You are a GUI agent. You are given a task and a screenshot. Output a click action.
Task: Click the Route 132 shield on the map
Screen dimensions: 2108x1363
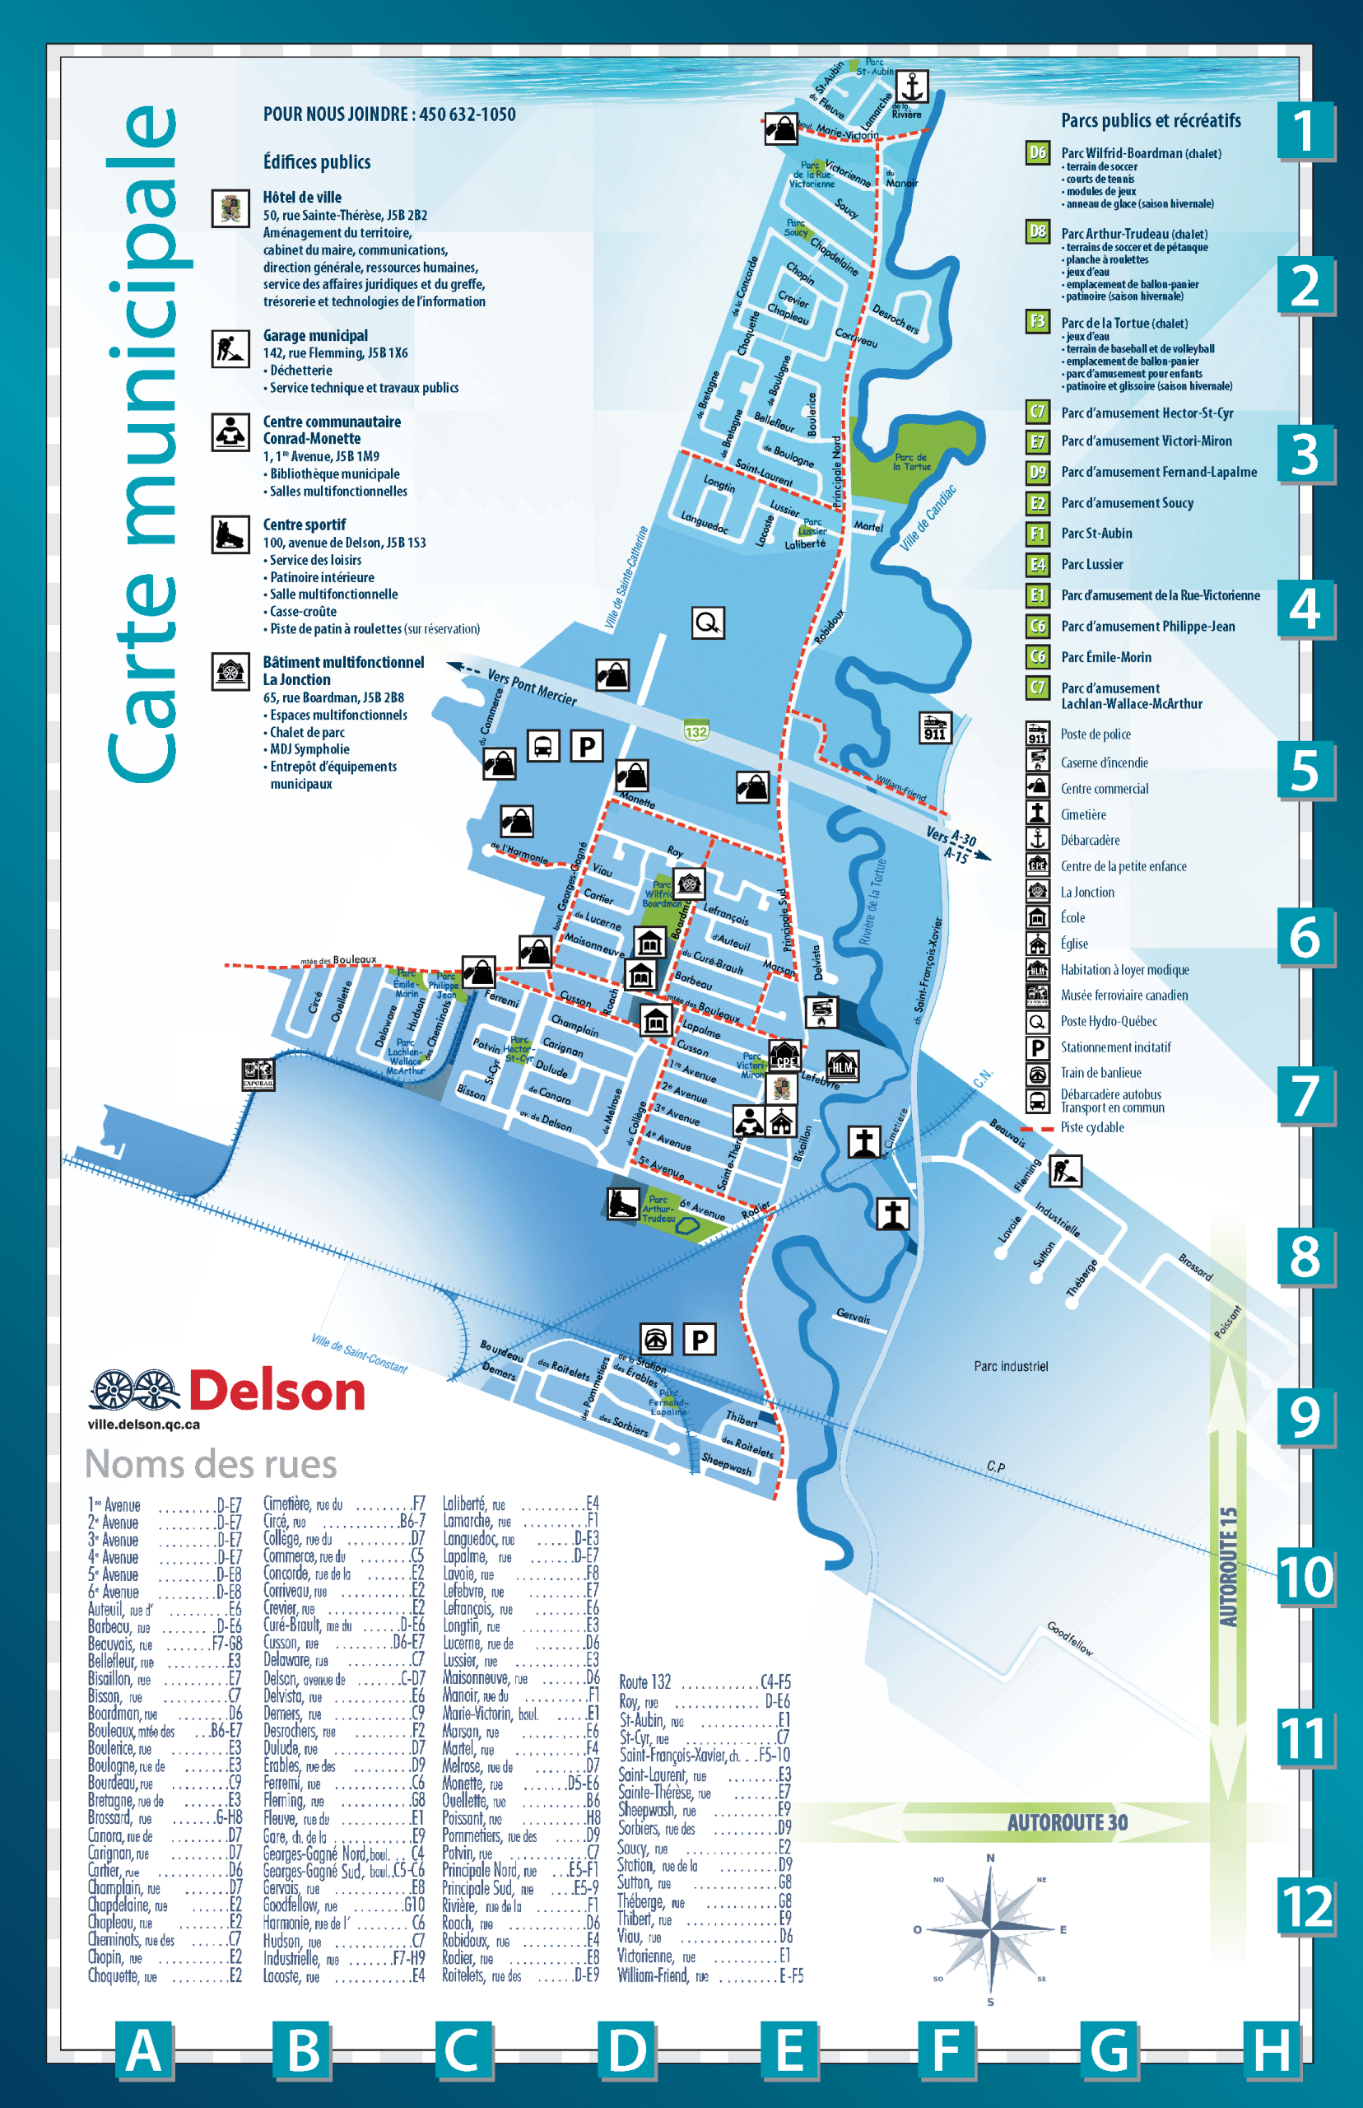695,731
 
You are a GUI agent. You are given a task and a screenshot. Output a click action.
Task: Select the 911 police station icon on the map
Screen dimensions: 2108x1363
935,727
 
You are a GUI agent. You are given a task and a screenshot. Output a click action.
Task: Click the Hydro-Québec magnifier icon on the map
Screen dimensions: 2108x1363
707,623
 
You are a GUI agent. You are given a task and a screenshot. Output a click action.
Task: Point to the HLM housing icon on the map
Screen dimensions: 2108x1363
842,1066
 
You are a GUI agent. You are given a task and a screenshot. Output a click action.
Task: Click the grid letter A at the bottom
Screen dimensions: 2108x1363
143,2050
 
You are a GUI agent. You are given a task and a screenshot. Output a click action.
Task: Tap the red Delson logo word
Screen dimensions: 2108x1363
277,1391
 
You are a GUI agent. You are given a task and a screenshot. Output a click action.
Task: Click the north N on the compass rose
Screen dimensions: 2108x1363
990,1858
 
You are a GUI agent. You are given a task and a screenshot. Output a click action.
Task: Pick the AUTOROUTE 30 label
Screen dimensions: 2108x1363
1068,1822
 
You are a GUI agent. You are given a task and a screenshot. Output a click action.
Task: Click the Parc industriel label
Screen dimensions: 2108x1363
1011,1366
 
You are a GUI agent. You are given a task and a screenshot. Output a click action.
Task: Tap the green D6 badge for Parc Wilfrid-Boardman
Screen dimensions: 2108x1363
1037,152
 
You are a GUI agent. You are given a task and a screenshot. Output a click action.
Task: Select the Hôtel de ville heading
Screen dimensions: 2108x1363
302,198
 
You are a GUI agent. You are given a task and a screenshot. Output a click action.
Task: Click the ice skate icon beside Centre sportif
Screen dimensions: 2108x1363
230,534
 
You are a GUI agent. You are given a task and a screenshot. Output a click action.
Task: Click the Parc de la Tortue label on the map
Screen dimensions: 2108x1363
911,462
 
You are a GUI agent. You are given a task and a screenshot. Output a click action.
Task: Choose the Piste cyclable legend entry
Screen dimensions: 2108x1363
1091,1127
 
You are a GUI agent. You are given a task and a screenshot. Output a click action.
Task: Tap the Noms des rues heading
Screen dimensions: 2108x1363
211,1464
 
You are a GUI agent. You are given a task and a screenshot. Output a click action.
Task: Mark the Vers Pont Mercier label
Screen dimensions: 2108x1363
532,686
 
